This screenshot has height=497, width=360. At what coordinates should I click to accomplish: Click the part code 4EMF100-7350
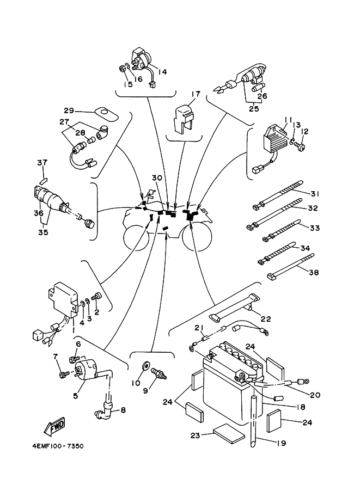click(x=58, y=446)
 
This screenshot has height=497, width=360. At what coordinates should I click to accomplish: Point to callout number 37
click(x=42, y=163)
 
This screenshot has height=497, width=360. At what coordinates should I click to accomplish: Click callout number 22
click(x=266, y=319)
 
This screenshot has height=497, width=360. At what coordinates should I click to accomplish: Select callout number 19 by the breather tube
click(x=280, y=443)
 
